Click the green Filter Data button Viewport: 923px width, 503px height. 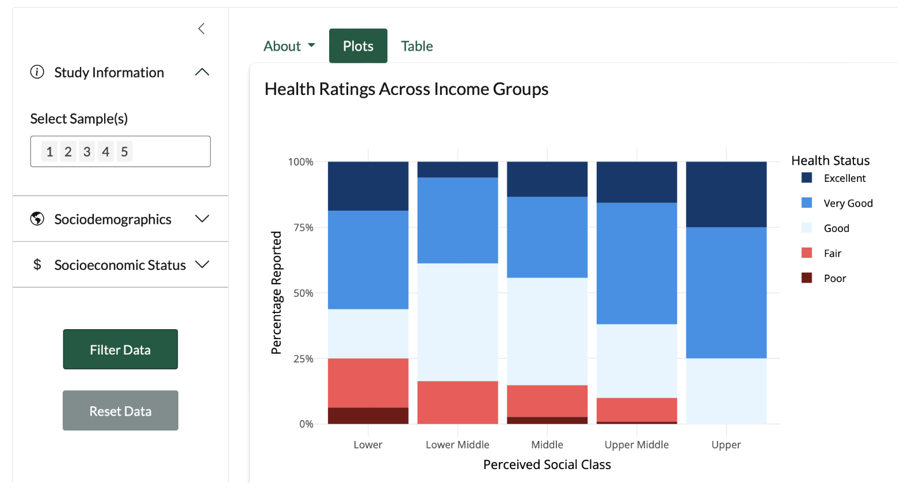click(x=120, y=349)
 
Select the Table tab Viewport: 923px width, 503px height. click(x=417, y=46)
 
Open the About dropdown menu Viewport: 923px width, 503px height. click(x=289, y=46)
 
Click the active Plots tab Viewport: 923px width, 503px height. click(x=358, y=46)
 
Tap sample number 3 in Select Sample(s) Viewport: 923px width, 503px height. click(x=87, y=151)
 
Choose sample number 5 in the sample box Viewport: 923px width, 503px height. click(x=124, y=151)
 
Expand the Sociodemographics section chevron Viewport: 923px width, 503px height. click(x=202, y=219)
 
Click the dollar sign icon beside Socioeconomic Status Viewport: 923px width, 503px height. click(x=37, y=265)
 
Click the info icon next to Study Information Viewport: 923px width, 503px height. click(x=37, y=72)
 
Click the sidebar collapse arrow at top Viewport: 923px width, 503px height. click(x=201, y=29)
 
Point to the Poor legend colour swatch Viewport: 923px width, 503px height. click(x=807, y=278)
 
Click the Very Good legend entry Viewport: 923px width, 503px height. click(x=848, y=203)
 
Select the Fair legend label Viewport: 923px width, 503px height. click(x=832, y=253)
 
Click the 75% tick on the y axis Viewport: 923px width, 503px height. click(x=303, y=227)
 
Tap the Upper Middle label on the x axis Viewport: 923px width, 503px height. click(x=636, y=444)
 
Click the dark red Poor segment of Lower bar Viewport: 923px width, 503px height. click(x=368, y=416)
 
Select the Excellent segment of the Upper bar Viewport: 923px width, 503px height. click(x=726, y=194)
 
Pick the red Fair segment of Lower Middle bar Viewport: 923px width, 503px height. click(x=457, y=402)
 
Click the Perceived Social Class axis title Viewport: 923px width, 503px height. click(x=547, y=464)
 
